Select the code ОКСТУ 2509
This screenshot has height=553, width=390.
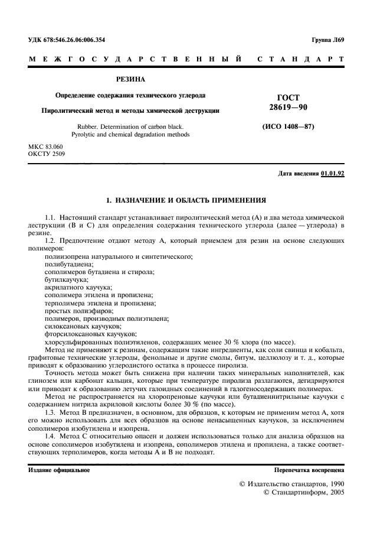[47, 154]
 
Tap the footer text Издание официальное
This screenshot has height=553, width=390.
[59, 470]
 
